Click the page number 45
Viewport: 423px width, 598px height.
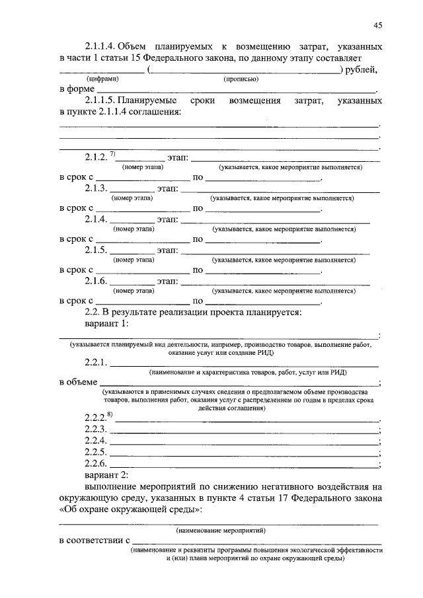coord(377,26)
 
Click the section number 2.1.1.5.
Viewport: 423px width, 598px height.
coord(103,102)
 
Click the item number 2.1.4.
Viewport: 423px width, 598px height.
coord(96,219)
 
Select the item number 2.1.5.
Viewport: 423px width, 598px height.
coord(96,250)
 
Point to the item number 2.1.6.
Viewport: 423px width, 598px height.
coord(96,280)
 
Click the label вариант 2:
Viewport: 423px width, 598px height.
coord(108,474)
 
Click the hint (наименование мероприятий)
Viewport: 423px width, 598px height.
coord(219,531)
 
